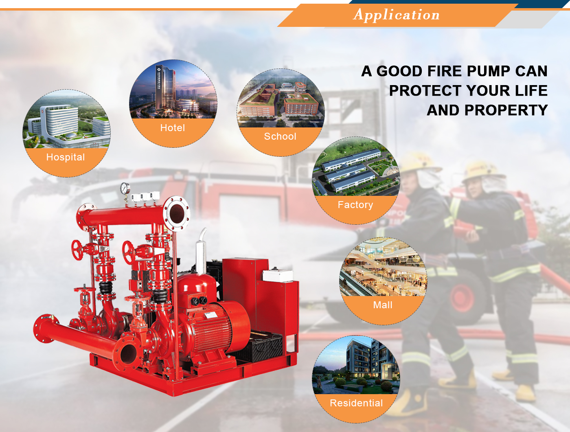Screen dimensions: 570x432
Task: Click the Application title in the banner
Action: [396, 15]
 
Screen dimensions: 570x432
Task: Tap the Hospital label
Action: [66, 157]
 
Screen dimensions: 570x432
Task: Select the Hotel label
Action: [173, 128]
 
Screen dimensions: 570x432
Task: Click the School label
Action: [280, 136]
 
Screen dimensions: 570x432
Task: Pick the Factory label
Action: [355, 205]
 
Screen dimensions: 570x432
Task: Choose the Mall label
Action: [382, 305]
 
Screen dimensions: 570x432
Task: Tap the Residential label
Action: [356, 403]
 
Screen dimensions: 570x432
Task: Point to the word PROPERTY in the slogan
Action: [506, 110]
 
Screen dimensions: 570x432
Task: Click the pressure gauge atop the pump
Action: [125, 188]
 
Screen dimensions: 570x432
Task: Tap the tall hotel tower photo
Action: [173, 89]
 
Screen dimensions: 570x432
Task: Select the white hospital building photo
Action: [66, 119]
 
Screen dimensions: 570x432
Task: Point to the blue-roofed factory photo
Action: [356, 167]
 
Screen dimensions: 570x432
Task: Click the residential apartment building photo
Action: [356, 365]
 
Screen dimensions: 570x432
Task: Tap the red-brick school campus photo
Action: [281, 98]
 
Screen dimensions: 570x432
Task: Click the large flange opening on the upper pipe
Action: [177, 213]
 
